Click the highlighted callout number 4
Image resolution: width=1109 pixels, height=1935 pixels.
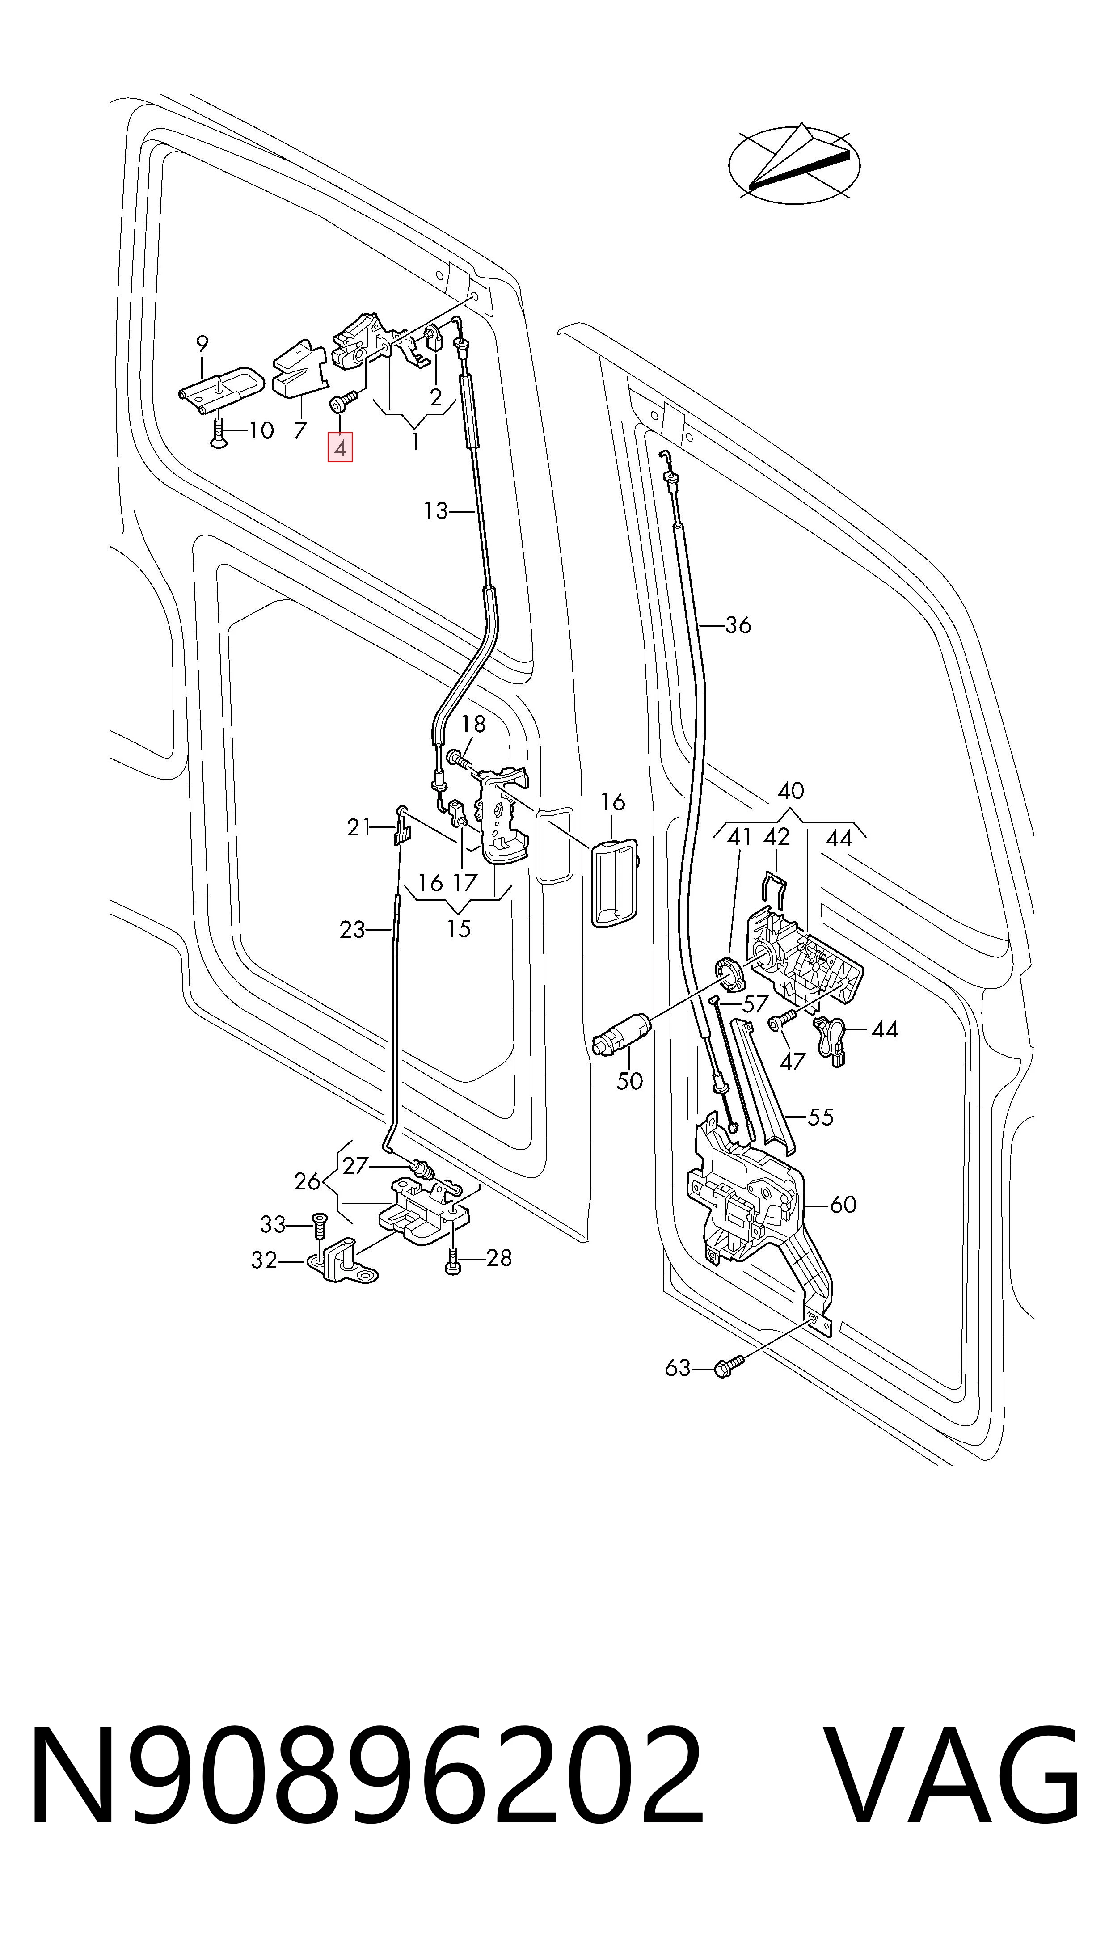(340, 448)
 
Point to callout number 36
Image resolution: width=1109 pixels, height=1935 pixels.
(737, 625)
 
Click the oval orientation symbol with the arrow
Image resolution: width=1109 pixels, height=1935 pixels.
(794, 163)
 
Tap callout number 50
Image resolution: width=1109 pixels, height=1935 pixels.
(629, 1080)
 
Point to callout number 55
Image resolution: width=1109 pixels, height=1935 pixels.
(820, 1117)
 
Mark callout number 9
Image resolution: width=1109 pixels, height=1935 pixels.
(202, 343)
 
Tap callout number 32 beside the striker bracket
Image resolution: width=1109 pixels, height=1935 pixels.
(264, 1260)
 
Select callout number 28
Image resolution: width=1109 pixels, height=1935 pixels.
(499, 1257)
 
